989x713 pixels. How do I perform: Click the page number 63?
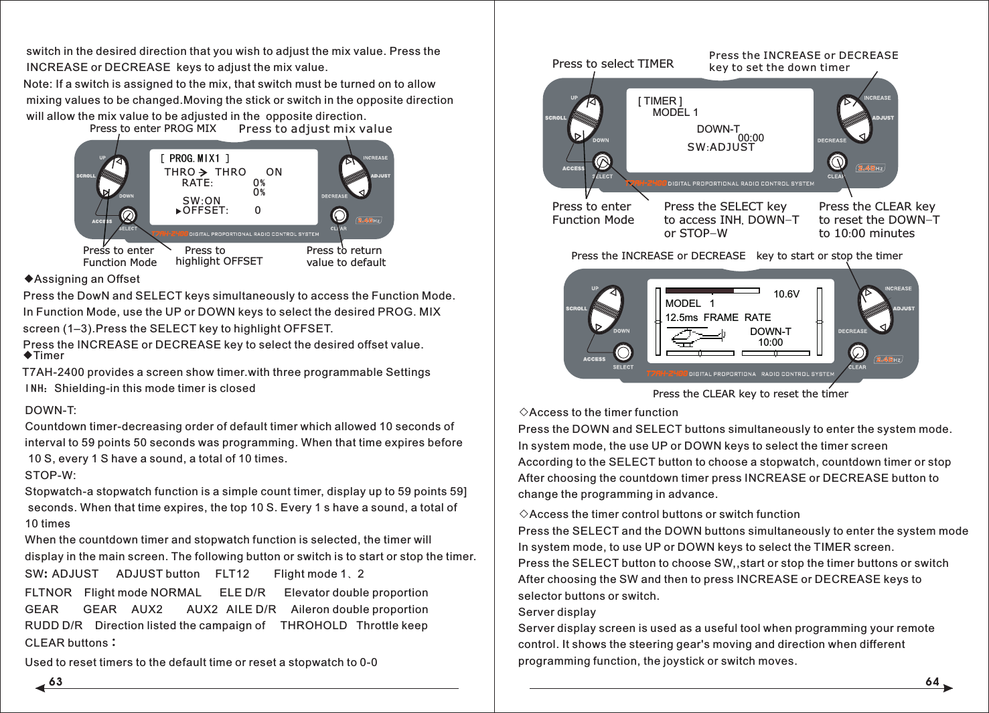tap(56, 682)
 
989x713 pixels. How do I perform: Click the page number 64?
tap(932, 682)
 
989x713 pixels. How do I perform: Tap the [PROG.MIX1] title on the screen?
tap(195, 159)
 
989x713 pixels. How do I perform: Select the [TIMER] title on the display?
tap(660, 101)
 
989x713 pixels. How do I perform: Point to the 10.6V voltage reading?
tap(786, 294)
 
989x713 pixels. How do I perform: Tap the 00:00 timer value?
tap(751, 138)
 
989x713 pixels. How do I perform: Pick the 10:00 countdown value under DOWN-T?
tap(770, 342)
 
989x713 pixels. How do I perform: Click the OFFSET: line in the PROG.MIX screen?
tap(205, 210)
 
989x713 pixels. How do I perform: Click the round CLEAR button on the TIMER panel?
tap(837, 161)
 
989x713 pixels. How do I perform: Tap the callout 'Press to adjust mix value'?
tap(315, 129)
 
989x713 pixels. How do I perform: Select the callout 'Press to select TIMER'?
tap(613, 64)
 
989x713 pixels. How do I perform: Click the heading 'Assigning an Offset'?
tap(86, 279)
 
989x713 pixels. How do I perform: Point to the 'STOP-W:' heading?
tap(50, 475)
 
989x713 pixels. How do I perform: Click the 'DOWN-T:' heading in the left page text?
tap(50, 410)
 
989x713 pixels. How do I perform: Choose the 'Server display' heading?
tap(556, 612)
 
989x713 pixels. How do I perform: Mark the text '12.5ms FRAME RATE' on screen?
tap(718, 318)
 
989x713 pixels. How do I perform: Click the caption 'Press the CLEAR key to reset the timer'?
tap(750, 394)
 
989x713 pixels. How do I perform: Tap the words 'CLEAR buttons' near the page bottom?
tap(66, 643)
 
